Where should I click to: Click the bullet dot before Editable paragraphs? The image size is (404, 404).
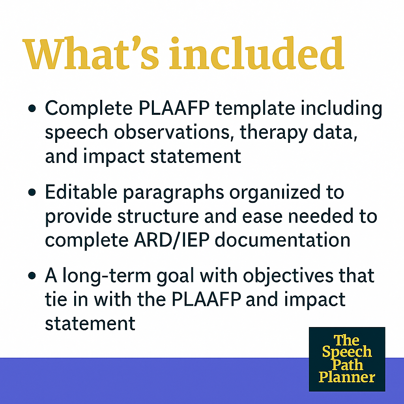click(34, 193)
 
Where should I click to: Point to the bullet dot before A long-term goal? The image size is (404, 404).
click(34, 277)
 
